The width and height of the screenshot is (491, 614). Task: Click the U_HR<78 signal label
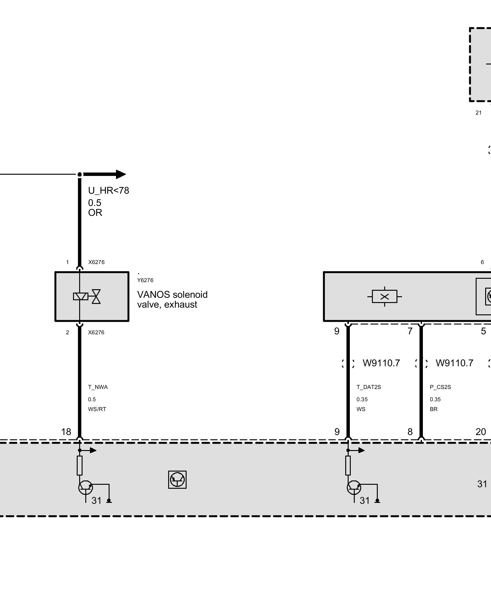[109, 191]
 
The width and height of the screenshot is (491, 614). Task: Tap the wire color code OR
[95, 213]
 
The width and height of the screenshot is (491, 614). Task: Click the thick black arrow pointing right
[104, 174]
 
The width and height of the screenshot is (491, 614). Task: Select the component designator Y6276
[145, 280]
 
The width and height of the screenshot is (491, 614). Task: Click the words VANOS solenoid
[172, 295]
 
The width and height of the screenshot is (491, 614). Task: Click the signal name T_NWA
[98, 387]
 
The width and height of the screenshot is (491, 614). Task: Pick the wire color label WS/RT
[97, 409]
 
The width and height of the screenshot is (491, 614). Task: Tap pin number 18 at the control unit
[66, 432]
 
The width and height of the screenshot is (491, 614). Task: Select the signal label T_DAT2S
[369, 387]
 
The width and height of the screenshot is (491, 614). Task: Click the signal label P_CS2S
[440, 387]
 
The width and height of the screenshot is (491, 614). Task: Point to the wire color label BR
[434, 409]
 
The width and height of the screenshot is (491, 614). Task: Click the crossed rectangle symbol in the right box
[385, 297]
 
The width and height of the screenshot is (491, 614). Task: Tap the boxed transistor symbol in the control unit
[177, 480]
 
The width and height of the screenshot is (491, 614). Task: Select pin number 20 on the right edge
[481, 432]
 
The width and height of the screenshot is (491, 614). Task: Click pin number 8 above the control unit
[410, 432]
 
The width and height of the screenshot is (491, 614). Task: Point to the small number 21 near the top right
[479, 113]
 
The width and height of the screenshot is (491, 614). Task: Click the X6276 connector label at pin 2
[96, 332]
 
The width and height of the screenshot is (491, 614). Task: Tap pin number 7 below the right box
[410, 331]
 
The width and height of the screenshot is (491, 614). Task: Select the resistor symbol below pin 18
[80, 465]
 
